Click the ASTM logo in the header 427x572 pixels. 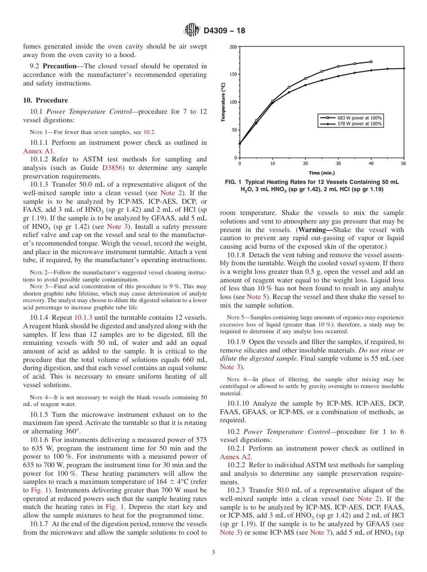[192, 31]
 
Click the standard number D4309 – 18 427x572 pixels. [224, 31]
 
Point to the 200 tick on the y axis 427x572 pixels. [234, 47]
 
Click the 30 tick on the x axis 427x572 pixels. [338, 163]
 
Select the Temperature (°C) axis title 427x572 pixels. [223, 102]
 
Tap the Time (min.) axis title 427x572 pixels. [321, 173]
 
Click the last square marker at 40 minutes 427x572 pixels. [371, 62]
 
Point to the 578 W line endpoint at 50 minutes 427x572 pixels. [404, 68]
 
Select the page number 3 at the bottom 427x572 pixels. [213, 552]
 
